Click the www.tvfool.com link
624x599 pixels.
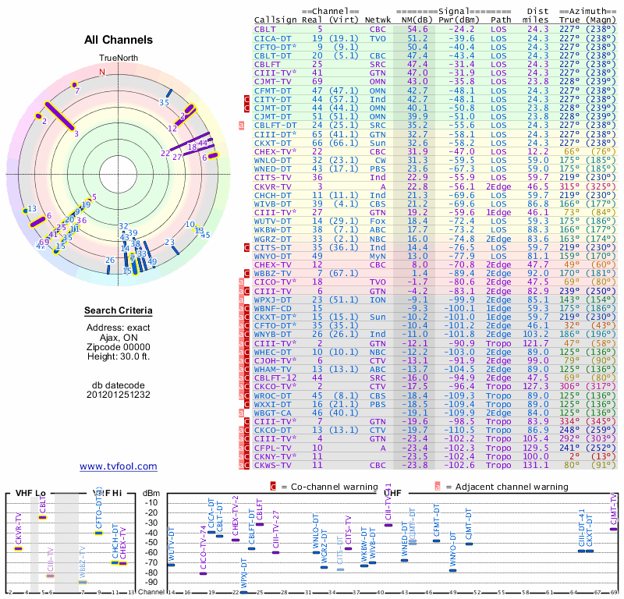[x=118, y=466]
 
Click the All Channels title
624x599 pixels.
[x=118, y=40]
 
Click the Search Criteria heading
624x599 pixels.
[x=118, y=311]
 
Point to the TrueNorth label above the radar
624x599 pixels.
[x=118, y=58]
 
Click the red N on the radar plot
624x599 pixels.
[x=101, y=72]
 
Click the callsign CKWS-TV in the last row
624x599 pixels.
[x=275, y=466]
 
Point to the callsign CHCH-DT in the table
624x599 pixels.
[x=275, y=194]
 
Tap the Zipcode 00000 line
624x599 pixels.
[x=118, y=346]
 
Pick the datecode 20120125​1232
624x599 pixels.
[x=118, y=394]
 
